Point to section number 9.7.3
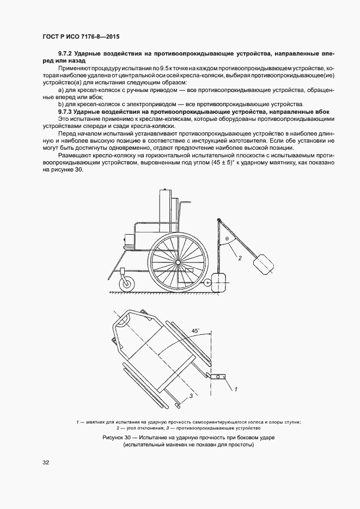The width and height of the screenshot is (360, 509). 65,111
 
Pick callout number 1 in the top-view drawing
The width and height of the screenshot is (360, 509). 236,389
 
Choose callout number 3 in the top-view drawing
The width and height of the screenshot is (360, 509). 190,396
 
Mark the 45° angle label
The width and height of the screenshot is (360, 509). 195,330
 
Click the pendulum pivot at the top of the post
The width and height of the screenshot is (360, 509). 219,220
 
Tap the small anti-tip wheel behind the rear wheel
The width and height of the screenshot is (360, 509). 208,283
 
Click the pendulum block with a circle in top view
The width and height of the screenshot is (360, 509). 221,376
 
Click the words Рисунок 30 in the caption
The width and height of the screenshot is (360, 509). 118,438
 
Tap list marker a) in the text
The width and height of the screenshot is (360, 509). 60,89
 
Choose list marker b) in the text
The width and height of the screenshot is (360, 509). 60,103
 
